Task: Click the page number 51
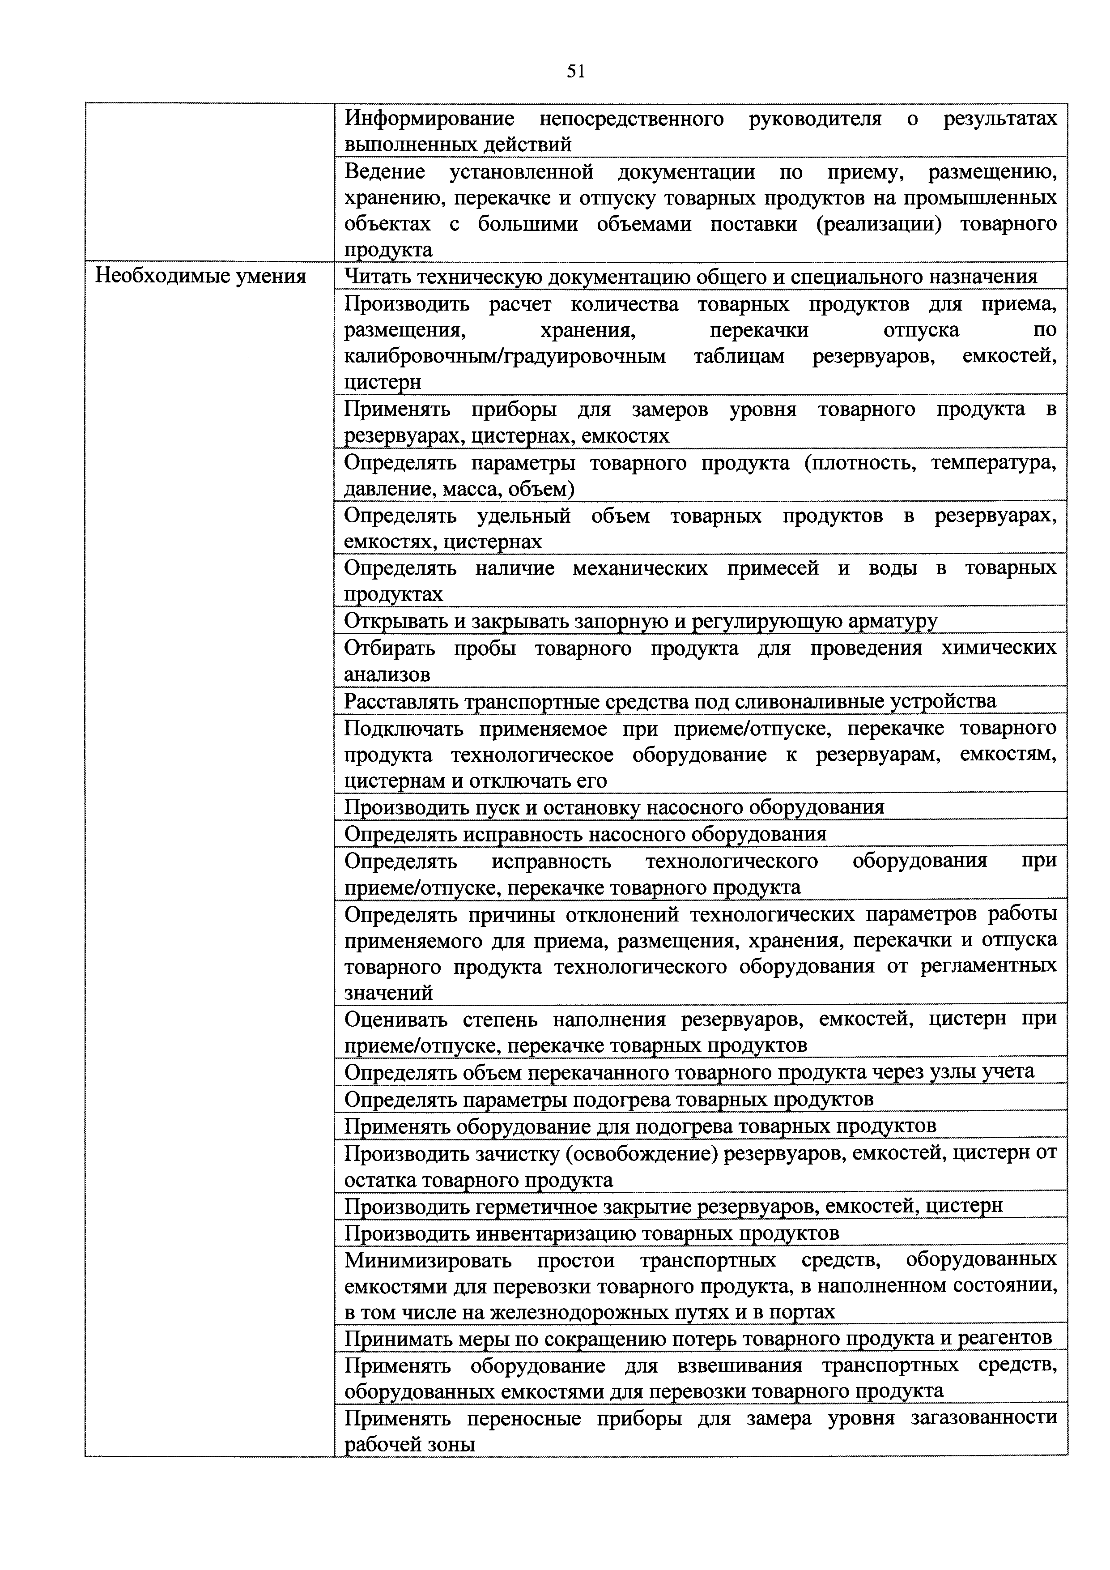coord(575,71)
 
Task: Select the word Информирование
coord(429,119)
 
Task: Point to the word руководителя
coord(815,119)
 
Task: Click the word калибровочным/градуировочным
coord(504,356)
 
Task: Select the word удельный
coord(523,516)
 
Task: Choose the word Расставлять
coord(401,702)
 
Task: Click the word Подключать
coord(403,729)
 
